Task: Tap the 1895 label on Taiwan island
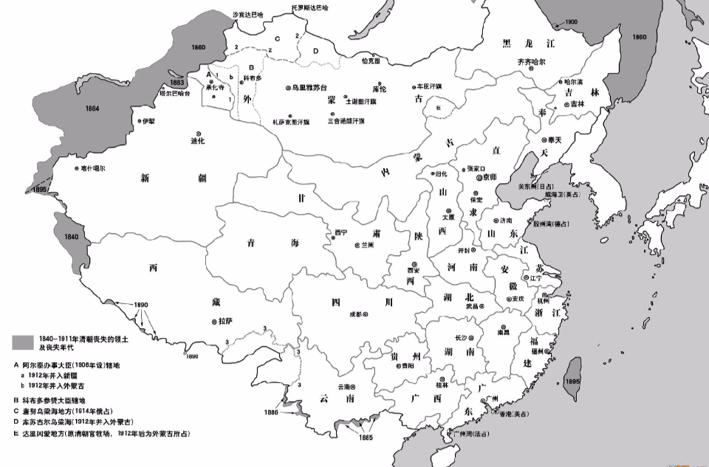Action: [571, 381]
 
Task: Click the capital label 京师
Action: [490, 177]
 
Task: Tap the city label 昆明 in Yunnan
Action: [344, 387]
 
